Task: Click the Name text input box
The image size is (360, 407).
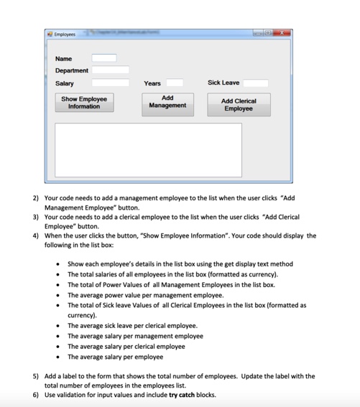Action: [103, 58]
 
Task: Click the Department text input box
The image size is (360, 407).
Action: [110, 70]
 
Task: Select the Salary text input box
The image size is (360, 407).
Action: [110, 83]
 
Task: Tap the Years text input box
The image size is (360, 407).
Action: [175, 83]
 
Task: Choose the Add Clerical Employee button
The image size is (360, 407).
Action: [238, 105]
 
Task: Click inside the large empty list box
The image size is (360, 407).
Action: [148, 149]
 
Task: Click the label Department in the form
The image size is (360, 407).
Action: [72, 70]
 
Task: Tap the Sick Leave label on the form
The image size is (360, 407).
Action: [223, 83]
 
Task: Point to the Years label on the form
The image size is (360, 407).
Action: [152, 83]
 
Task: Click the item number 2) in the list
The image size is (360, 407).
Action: [36, 197]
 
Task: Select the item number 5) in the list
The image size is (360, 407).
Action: [36, 376]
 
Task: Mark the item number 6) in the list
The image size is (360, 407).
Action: [36, 394]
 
